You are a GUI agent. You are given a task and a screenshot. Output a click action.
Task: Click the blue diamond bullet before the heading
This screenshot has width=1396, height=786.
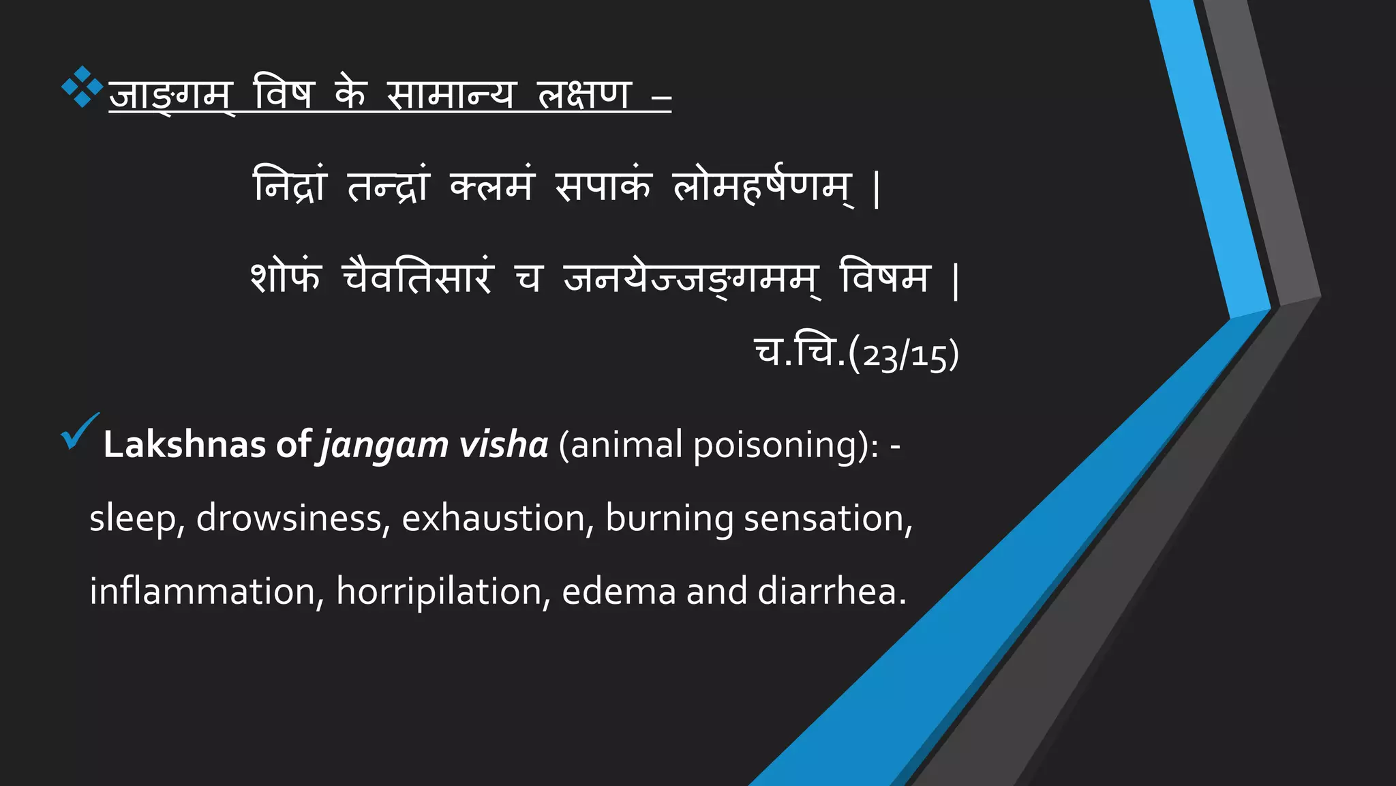click(x=82, y=87)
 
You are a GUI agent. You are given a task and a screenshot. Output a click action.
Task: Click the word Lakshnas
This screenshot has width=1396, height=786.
click(x=184, y=445)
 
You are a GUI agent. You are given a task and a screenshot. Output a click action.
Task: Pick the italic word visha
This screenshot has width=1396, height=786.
click(x=504, y=445)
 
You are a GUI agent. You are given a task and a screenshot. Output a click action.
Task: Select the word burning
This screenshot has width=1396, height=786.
click(x=669, y=519)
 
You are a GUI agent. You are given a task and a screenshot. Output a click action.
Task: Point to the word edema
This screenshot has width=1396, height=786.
click(x=619, y=591)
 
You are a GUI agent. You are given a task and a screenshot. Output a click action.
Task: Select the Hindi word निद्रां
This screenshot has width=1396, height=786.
click(x=290, y=186)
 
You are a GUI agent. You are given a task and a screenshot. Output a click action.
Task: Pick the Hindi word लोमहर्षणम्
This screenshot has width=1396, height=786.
click(x=762, y=186)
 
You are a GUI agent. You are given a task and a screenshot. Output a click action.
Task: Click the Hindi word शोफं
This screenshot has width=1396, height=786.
click(x=286, y=278)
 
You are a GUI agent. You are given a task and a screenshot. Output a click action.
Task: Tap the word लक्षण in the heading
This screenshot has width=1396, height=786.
click(x=584, y=94)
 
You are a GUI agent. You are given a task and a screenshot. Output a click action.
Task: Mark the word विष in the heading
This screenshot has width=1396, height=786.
click(x=284, y=94)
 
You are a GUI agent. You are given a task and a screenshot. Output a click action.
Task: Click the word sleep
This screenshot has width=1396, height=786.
click(x=133, y=519)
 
